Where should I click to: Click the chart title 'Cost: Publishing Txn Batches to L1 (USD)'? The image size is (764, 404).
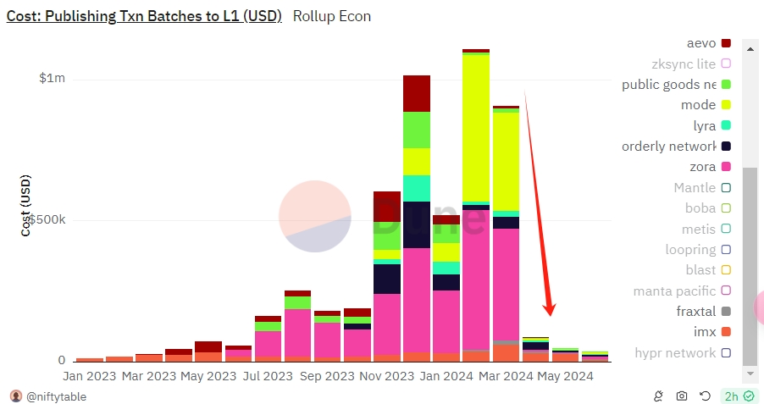tap(144, 16)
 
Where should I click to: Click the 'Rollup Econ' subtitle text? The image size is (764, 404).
tap(332, 16)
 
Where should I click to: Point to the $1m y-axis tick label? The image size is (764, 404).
tap(52, 79)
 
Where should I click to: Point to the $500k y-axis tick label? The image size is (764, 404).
tap(47, 219)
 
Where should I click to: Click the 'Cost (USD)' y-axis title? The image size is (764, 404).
tap(25, 206)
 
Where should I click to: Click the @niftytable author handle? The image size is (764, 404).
tap(57, 396)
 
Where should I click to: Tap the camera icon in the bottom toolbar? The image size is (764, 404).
tap(682, 396)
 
